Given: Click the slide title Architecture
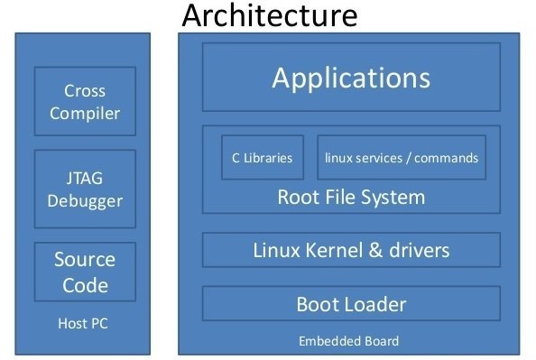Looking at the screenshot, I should (x=269, y=15).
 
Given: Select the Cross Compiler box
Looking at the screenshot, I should (x=85, y=102).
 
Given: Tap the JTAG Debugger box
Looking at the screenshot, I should (x=85, y=188).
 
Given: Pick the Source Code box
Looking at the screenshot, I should (x=85, y=272).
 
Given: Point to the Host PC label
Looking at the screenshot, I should (x=83, y=323).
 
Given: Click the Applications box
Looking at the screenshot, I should (x=350, y=78).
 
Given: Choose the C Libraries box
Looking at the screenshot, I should (x=262, y=158).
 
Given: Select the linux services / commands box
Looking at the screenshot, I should (x=402, y=158).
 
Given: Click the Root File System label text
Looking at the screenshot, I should (x=350, y=197).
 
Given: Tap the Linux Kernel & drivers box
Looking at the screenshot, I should (x=350, y=250).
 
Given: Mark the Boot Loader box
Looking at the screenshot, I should (x=350, y=304).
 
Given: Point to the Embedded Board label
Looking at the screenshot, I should (x=348, y=341).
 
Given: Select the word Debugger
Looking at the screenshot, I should (x=85, y=199).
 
